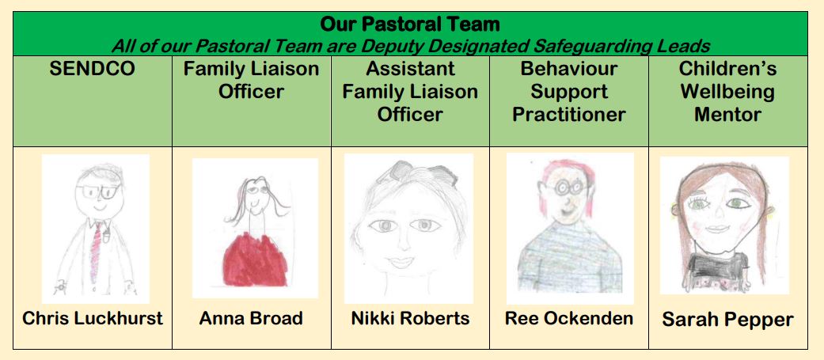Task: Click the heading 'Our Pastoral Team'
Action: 410,25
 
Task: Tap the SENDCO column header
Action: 93,70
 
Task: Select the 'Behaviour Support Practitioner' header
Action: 569,92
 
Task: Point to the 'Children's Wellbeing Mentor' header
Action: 728,92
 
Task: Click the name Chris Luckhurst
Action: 93,318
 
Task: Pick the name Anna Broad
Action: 251,318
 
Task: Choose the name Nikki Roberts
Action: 410,318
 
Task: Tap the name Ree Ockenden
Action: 569,318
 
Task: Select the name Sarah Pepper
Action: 728,320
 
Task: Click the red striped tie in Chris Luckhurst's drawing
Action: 95,252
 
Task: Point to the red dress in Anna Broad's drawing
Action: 254,260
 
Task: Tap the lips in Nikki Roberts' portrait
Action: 402,260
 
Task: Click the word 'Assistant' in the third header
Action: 410,69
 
